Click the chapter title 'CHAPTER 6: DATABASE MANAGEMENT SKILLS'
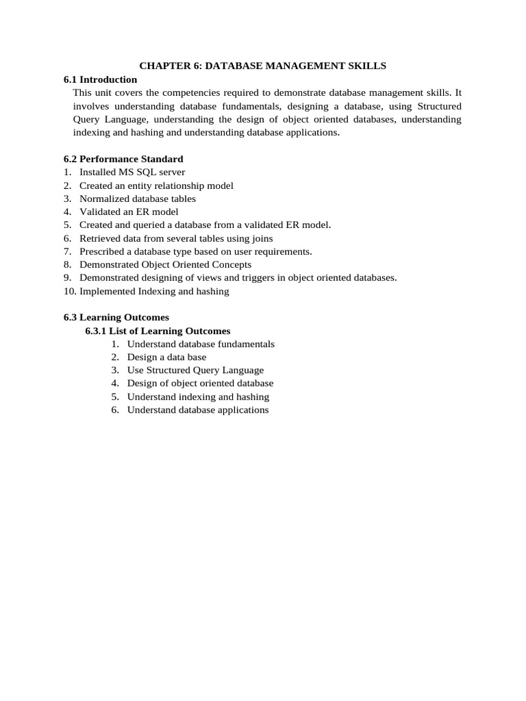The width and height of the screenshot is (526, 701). pyautogui.click(x=263, y=66)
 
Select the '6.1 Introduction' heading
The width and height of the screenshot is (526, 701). pyautogui.click(x=100, y=79)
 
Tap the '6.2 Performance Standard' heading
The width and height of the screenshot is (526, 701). pyautogui.click(x=123, y=159)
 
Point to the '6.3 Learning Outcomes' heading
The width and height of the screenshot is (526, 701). pyautogui.click(x=116, y=318)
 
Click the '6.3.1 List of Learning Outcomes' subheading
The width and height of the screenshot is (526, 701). pyautogui.click(x=158, y=331)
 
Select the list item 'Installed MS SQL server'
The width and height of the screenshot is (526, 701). pyautogui.click(x=132, y=173)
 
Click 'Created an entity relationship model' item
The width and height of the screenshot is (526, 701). pyautogui.click(x=156, y=186)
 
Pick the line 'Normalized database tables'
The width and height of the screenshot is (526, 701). pyautogui.click(x=138, y=199)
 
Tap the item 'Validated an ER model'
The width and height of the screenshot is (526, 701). pyautogui.click(x=129, y=212)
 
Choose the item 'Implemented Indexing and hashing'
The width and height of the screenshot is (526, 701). pyautogui.click(x=154, y=292)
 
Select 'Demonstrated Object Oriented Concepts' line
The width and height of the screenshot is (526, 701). pyautogui.click(x=165, y=265)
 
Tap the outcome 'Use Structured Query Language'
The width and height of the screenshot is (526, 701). pyautogui.click(x=195, y=370)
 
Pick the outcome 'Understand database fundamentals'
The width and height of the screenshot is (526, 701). pyautogui.click(x=201, y=344)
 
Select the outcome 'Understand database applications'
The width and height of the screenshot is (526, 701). pyautogui.click(x=198, y=410)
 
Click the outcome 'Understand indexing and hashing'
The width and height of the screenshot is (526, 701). pyautogui.click(x=198, y=397)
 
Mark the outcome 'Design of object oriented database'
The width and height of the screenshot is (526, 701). pyautogui.click(x=200, y=383)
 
